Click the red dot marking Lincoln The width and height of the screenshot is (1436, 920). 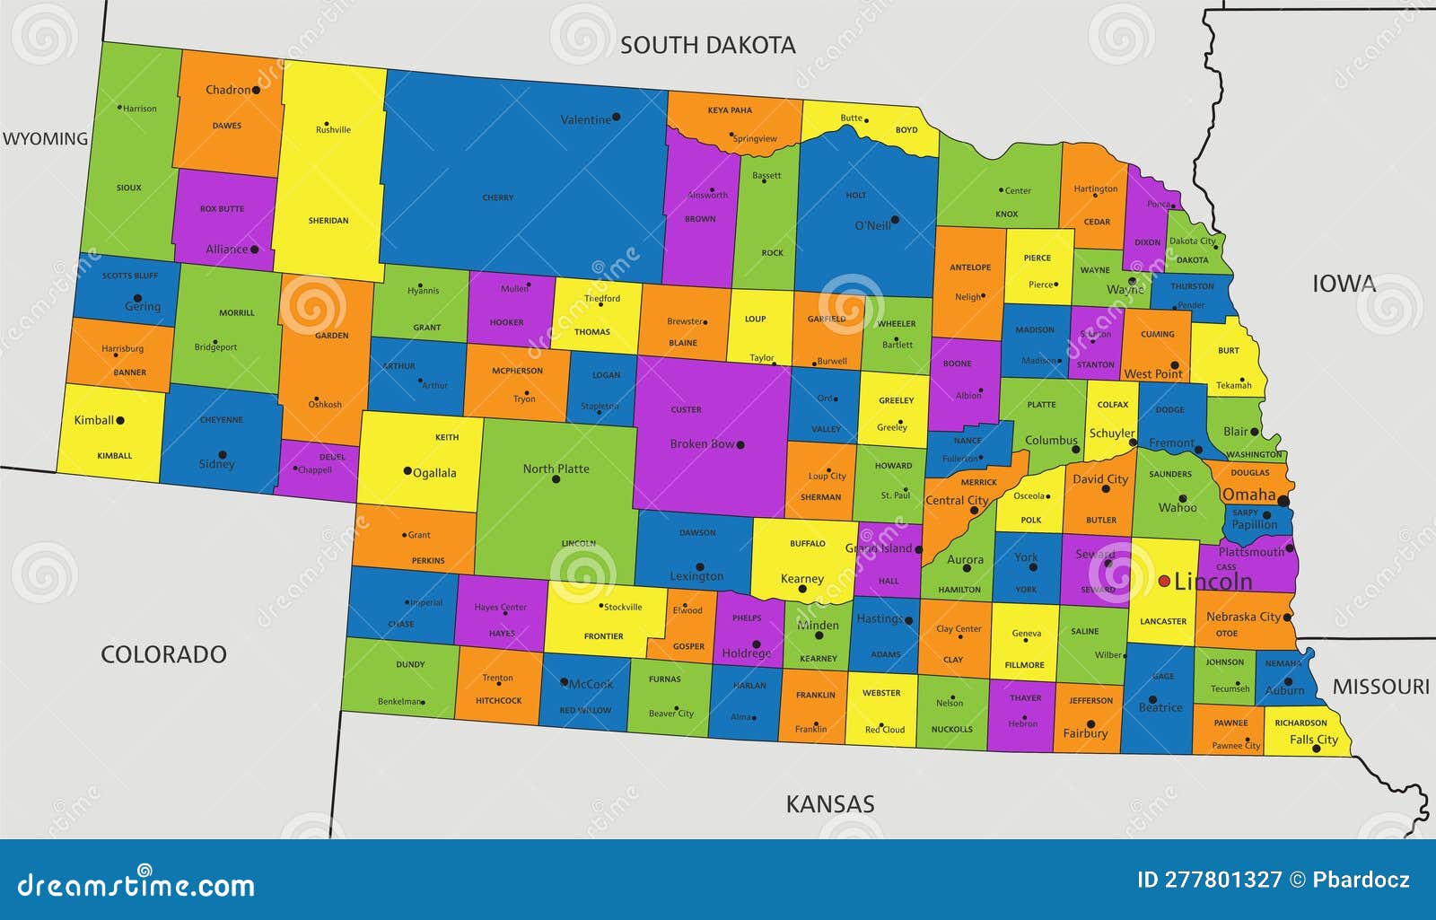(1164, 582)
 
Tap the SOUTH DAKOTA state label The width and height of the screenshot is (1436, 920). (707, 45)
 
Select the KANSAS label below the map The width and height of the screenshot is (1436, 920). (829, 804)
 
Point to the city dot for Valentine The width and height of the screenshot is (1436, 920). (616, 118)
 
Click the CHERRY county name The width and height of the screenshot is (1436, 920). (497, 197)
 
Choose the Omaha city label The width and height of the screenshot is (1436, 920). (1248, 495)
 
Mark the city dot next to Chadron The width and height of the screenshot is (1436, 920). (257, 90)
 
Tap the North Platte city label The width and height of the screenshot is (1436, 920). (556, 469)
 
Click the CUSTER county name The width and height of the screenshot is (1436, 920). (686, 410)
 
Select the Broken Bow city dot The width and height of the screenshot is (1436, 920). (740, 445)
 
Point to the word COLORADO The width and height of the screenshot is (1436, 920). (163, 654)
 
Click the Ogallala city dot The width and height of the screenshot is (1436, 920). (407, 471)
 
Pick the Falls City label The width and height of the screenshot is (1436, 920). (1313, 740)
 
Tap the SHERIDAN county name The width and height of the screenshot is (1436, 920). (328, 221)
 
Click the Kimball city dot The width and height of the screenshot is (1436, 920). (120, 420)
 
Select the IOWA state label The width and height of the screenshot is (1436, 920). (1344, 284)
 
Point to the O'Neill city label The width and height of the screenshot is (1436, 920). (872, 225)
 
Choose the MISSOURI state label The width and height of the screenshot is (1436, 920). (1380, 687)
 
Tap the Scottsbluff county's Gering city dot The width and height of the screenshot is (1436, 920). (137, 298)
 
